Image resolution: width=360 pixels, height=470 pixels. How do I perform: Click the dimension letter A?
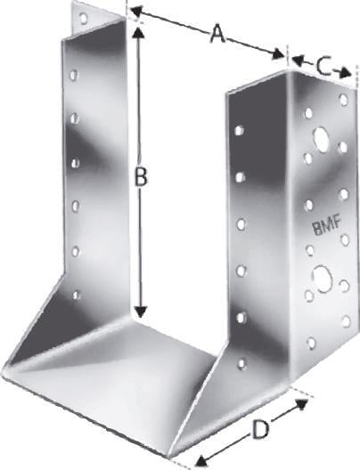(217, 34)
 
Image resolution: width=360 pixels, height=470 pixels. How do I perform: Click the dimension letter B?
(140, 176)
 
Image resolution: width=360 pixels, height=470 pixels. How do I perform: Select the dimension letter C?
(323, 68)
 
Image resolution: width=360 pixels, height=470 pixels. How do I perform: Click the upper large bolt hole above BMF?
(322, 138)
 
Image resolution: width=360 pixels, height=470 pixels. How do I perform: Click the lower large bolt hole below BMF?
(322, 279)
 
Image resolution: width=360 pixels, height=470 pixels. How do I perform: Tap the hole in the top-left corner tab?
(84, 19)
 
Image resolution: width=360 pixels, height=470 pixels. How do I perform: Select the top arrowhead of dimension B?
(138, 30)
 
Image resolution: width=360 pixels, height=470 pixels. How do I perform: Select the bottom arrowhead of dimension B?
(141, 312)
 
